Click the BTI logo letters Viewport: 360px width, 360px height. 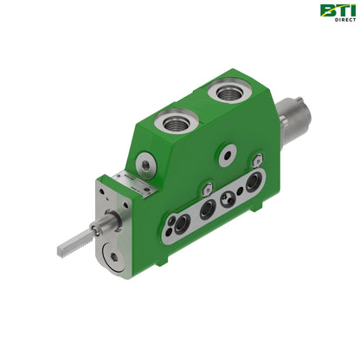pyautogui.click(x=337, y=10)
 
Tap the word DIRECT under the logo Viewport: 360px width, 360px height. pyautogui.click(x=345, y=20)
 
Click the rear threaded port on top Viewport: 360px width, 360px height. pyautogui.click(x=230, y=92)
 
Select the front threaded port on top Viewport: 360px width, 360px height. pyautogui.click(x=176, y=121)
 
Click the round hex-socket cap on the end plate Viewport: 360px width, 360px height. pyautogui.click(x=113, y=257)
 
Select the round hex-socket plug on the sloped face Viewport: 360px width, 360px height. pyautogui.click(x=146, y=165)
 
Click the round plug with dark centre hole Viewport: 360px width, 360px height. pyautogui.click(x=228, y=155)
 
